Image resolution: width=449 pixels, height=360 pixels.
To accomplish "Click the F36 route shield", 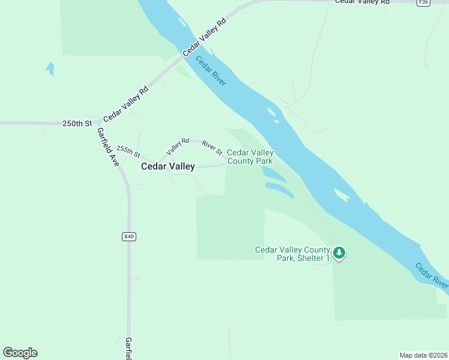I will [423, 3].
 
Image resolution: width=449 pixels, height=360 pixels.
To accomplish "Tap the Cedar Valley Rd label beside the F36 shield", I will [362, 2].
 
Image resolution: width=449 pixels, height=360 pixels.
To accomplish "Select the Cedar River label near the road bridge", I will [211, 71].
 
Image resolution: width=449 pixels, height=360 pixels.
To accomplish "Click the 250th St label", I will [77, 124].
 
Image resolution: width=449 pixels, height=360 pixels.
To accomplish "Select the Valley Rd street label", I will [178, 144].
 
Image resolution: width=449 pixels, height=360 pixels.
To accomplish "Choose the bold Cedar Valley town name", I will [167, 167].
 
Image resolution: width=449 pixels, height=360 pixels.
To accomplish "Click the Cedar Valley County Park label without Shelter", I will [250, 157].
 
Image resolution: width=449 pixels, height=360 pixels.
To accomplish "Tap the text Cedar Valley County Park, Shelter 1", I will [293, 254].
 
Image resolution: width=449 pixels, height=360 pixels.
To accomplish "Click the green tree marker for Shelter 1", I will [340, 253].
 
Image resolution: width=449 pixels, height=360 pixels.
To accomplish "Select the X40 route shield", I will [128, 236].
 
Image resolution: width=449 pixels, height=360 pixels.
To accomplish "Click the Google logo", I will [20, 353].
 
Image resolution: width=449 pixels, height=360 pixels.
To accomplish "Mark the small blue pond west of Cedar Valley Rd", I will [50, 68].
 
